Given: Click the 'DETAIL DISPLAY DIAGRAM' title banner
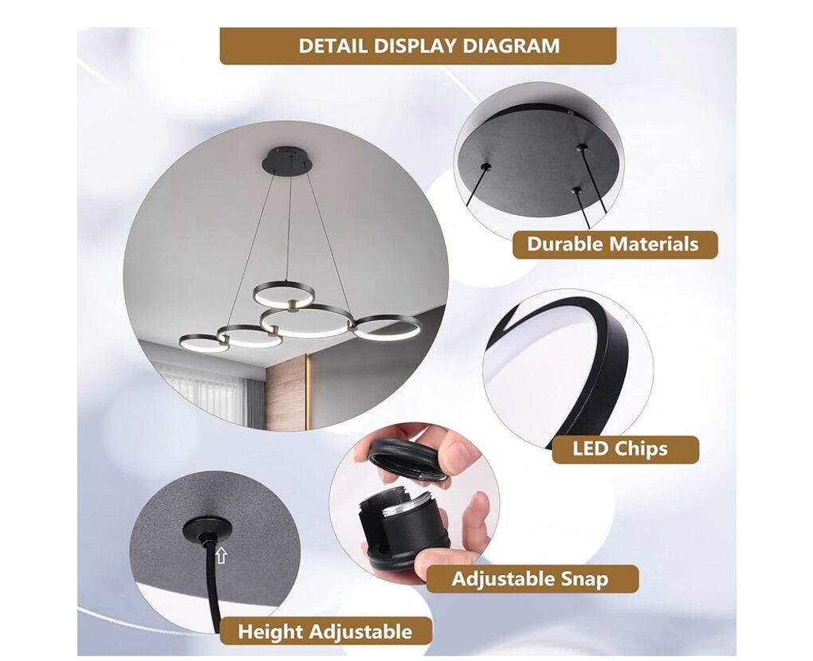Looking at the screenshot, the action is coord(418,46).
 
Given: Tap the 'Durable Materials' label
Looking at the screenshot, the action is coord(615,244).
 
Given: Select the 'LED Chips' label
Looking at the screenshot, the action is coord(625,448).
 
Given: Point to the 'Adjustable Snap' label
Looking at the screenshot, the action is coord(532,579).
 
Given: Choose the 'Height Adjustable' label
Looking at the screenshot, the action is coord(325,632).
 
